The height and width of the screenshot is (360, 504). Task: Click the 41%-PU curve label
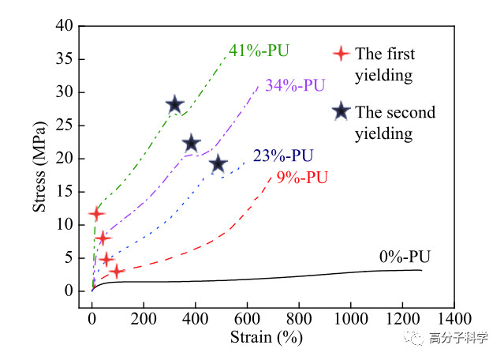tap(259, 51)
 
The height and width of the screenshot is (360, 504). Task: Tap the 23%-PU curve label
tap(283, 156)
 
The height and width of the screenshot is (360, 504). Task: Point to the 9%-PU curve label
tap(304, 176)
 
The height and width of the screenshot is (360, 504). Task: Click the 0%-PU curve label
tap(405, 256)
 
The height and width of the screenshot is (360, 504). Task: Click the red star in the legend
tap(340, 54)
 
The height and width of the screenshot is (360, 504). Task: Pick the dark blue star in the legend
tap(340, 111)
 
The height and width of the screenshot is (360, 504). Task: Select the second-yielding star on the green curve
tap(175, 105)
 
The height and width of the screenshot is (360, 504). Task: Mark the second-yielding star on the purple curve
tap(191, 143)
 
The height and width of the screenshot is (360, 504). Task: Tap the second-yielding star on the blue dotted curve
tap(218, 164)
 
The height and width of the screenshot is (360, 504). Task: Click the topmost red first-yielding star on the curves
tap(96, 213)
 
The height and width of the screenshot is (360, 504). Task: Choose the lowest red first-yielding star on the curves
tap(117, 272)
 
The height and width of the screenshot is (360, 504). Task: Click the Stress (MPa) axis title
tap(40, 159)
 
